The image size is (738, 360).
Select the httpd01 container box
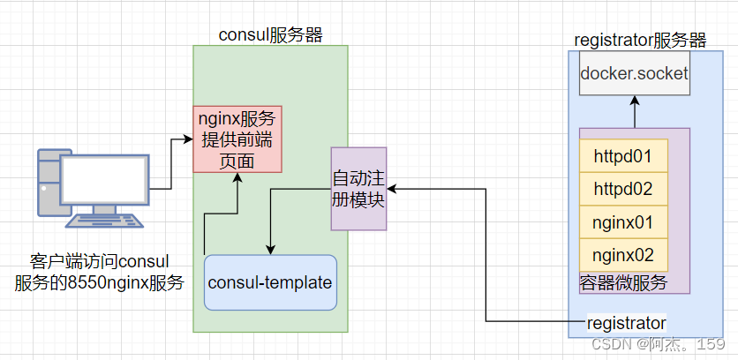pyautogui.click(x=623, y=156)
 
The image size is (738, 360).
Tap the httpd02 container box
pyautogui.click(x=623, y=189)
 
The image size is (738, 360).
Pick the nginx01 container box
pyautogui.click(x=623, y=222)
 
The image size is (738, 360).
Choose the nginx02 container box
pyautogui.click(x=623, y=256)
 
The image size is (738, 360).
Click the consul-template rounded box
pyautogui.click(x=270, y=283)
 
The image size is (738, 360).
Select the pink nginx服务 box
pyautogui.click(x=237, y=139)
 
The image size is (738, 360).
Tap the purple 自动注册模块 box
pyautogui.click(x=358, y=188)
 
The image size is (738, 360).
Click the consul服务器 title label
pyautogui.click(x=270, y=35)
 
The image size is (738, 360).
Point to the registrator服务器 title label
pyautogui.click(x=640, y=40)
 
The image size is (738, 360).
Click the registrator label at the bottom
pyautogui.click(x=627, y=322)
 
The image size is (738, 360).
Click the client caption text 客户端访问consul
pyautogui.click(x=99, y=262)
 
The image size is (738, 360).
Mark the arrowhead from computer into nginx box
pyautogui.click(x=187, y=139)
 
